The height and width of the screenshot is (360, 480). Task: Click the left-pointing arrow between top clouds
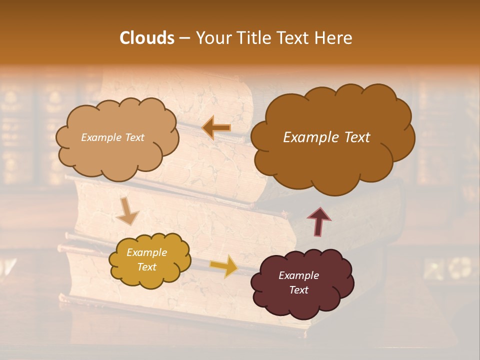(216, 128)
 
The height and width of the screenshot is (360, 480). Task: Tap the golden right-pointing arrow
(223, 266)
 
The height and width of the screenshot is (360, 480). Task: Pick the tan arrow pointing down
(127, 210)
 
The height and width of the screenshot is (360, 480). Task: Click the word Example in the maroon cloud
(298, 275)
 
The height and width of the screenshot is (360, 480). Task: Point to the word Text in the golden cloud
(146, 267)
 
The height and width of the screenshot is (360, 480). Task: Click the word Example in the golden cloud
(146, 252)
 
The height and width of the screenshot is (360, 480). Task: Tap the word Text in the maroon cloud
(298, 290)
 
